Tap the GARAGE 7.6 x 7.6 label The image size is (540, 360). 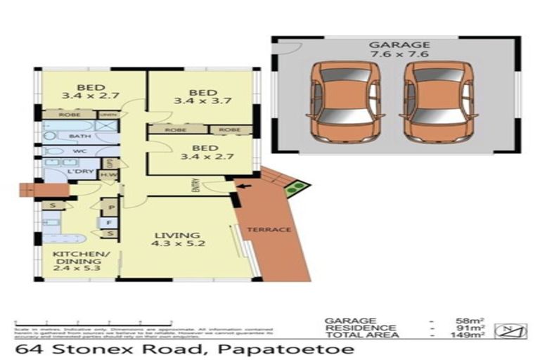tap(399, 50)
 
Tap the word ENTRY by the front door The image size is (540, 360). tap(197, 186)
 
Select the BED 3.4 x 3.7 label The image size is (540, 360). tap(202, 97)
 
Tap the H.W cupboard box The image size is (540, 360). tap(108, 175)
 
